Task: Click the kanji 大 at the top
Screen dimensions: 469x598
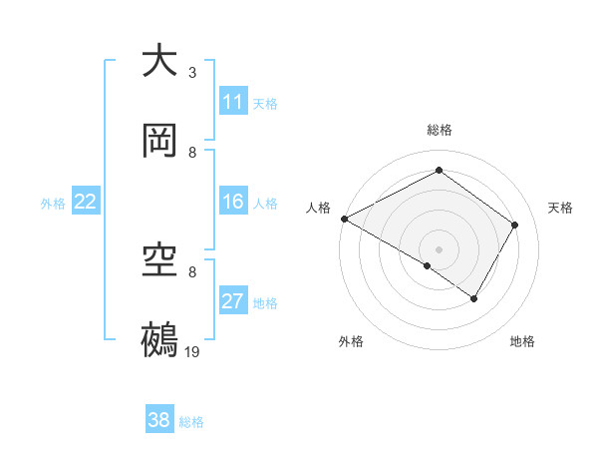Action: click(159, 61)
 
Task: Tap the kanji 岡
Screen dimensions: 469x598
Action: click(159, 141)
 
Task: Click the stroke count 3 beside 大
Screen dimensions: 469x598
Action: click(192, 73)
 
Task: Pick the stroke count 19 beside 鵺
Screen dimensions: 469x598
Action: click(193, 352)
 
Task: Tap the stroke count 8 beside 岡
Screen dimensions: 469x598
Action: click(192, 153)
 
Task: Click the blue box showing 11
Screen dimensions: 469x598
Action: click(233, 102)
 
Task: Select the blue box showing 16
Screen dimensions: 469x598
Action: click(233, 202)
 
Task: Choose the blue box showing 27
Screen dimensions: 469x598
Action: click(233, 301)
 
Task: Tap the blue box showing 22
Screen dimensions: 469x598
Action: click(86, 202)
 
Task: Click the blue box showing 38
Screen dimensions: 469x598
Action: click(159, 420)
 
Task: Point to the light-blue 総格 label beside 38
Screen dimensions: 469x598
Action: click(191, 422)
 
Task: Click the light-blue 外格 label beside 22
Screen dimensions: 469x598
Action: click(53, 204)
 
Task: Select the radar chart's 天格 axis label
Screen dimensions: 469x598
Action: click(561, 208)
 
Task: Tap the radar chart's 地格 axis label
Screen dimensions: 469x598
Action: click(522, 342)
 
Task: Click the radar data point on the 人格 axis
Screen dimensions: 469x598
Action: click(344, 219)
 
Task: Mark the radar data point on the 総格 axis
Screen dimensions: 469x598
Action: click(439, 170)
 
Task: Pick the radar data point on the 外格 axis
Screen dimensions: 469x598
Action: click(428, 265)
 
